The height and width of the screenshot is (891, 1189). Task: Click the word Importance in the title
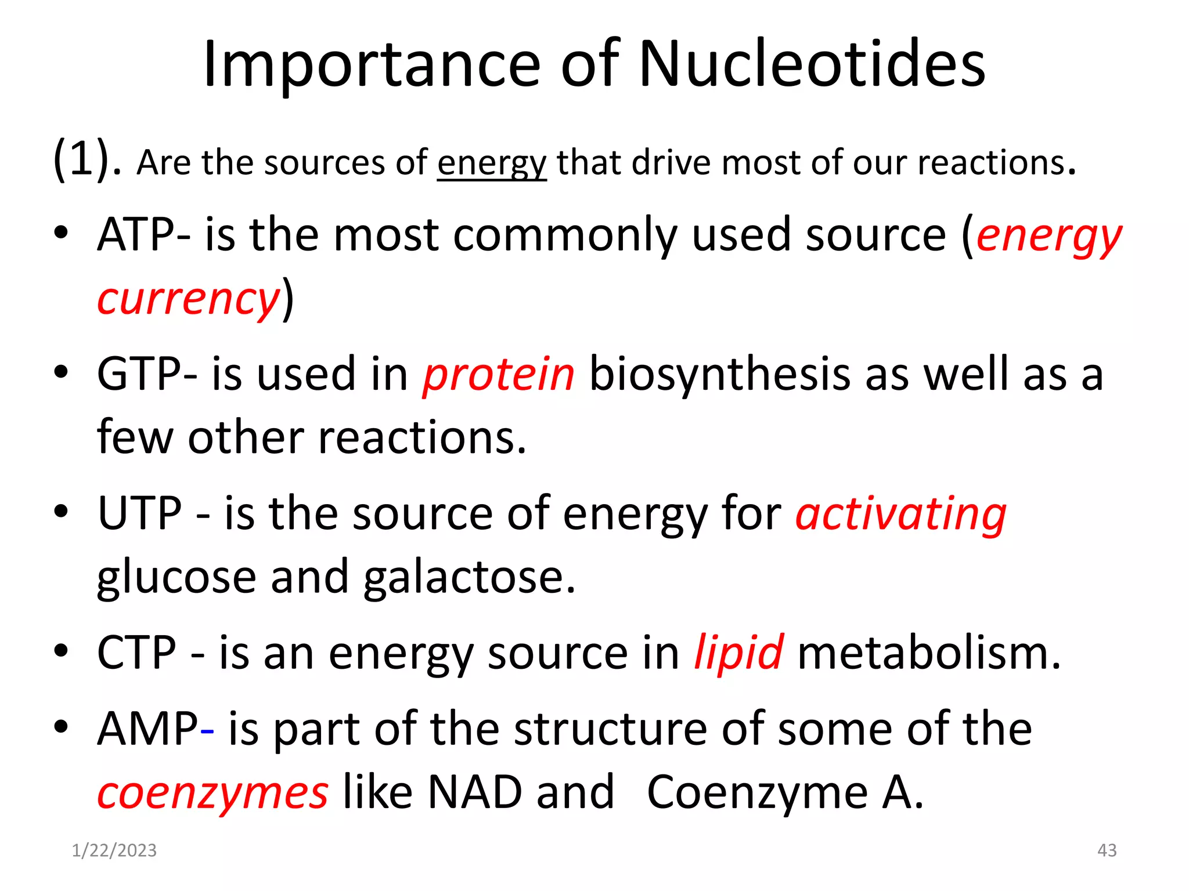(372, 65)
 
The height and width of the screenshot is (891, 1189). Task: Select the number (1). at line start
(87, 159)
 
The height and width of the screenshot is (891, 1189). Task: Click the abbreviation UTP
(140, 513)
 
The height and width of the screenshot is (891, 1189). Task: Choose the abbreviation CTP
(136, 653)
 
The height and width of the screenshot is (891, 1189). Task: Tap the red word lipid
(738, 653)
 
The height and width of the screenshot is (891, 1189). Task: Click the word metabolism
(929, 653)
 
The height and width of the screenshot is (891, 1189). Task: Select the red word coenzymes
(212, 793)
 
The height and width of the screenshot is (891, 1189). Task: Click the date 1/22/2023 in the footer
(114, 850)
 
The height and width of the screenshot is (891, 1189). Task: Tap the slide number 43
(1107, 850)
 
